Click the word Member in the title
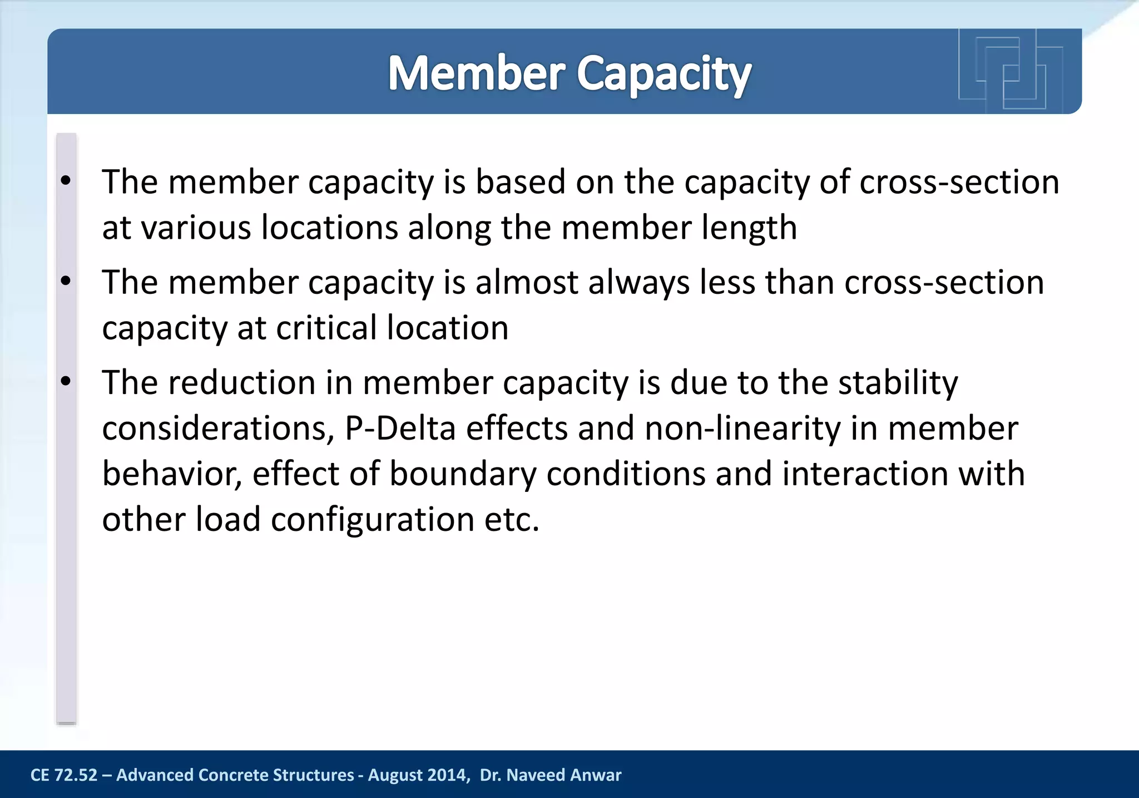[476, 73]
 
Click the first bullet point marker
[66, 181]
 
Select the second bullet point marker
[66, 281]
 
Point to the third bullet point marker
[66, 382]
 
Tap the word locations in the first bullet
[330, 228]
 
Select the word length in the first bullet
[749, 228]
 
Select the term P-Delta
[400, 428]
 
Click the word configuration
[373, 520]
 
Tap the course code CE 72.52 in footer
[63, 775]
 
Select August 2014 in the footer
[417, 775]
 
